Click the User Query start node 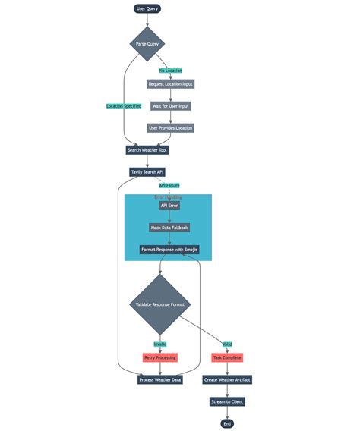147,9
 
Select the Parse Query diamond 147,44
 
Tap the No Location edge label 170,71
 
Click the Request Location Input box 170,84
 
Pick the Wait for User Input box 170,106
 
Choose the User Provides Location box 170,128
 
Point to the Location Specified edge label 124,106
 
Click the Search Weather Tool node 147,150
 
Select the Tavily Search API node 147,172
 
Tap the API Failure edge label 169,185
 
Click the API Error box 169,206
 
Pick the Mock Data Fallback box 169,228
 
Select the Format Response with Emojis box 169,250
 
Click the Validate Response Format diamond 159,304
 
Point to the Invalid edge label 159,344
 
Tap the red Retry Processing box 159,357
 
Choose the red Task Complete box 226,357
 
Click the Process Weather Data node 159,379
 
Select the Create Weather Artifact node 226,379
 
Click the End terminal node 226,423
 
